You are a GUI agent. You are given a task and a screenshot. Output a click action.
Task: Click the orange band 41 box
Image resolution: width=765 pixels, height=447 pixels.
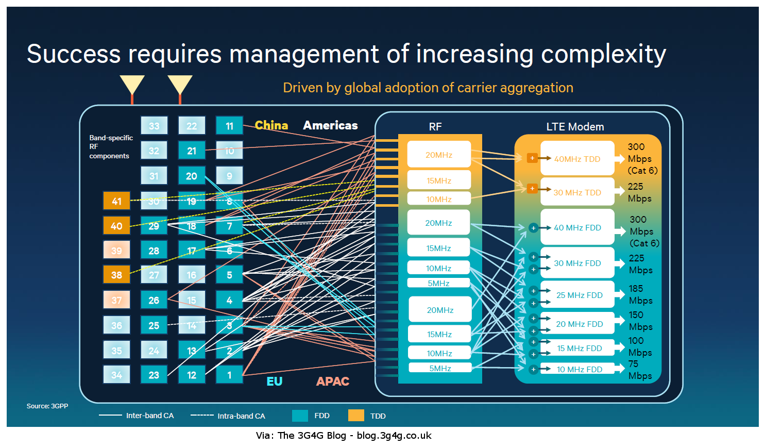pyautogui.click(x=116, y=201)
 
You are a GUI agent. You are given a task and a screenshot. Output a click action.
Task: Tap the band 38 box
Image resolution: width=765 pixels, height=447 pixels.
pyautogui.click(x=116, y=275)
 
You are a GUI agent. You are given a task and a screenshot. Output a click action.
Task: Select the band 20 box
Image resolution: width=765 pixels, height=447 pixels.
pyautogui.click(x=192, y=176)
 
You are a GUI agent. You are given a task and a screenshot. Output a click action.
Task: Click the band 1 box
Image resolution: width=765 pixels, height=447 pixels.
pyautogui.click(x=229, y=375)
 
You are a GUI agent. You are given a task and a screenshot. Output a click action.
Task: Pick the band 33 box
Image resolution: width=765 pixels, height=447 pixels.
pyautogui.click(x=154, y=126)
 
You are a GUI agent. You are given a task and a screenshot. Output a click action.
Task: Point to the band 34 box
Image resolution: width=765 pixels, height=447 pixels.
pyautogui.click(x=116, y=375)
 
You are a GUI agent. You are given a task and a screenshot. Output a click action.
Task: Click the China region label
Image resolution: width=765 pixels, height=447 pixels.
pyautogui.click(x=271, y=125)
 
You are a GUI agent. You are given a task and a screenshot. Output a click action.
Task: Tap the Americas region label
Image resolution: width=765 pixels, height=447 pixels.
pyautogui.click(x=330, y=125)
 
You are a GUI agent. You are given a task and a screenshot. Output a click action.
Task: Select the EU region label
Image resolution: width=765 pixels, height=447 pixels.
pyautogui.click(x=274, y=382)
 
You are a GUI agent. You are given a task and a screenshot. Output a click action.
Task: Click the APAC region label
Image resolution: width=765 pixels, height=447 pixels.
pyautogui.click(x=333, y=382)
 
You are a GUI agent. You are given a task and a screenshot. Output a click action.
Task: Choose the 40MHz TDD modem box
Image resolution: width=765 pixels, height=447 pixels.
pyautogui.click(x=577, y=159)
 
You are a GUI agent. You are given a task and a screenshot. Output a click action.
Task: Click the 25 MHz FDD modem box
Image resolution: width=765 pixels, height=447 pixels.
pyautogui.click(x=579, y=295)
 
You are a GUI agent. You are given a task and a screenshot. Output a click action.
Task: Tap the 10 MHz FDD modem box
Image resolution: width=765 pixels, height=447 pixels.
pyautogui.click(x=579, y=369)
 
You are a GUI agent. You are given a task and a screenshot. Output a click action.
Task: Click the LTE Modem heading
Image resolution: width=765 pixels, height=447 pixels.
pyautogui.click(x=575, y=126)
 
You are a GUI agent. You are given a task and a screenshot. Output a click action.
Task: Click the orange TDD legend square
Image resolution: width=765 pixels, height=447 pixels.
pyautogui.click(x=356, y=416)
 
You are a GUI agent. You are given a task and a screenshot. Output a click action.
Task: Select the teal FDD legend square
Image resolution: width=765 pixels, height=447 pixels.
pyautogui.click(x=300, y=416)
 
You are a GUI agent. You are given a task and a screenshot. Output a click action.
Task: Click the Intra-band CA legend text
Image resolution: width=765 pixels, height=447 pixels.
pyautogui.click(x=241, y=416)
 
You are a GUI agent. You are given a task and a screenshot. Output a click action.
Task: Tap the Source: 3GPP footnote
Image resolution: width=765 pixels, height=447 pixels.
pyautogui.click(x=47, y=406)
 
